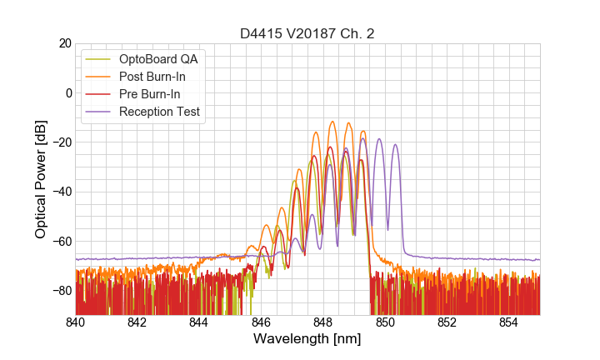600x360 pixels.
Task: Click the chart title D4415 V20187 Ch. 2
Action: coord(307,33)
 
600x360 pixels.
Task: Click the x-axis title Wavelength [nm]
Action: coord(307,339)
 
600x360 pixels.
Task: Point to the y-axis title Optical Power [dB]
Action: coord(41,178)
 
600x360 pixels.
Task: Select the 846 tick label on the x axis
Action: coord(261,322)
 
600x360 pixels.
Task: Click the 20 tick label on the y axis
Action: coord(63,43)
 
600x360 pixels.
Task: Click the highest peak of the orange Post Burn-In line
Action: coord(332,122)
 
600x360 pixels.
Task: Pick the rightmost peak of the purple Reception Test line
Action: coord(395,144)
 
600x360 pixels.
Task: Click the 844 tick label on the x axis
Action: coord(199,322)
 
